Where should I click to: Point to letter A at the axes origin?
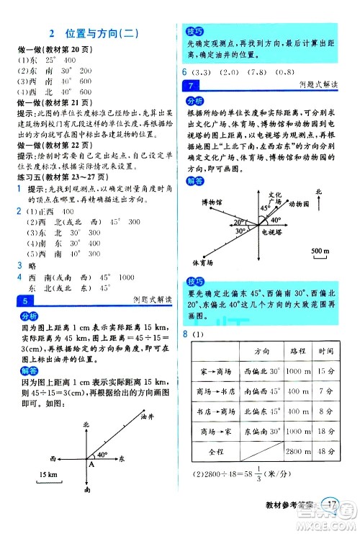coord(91,464)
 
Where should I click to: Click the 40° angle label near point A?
coord(102,455)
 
